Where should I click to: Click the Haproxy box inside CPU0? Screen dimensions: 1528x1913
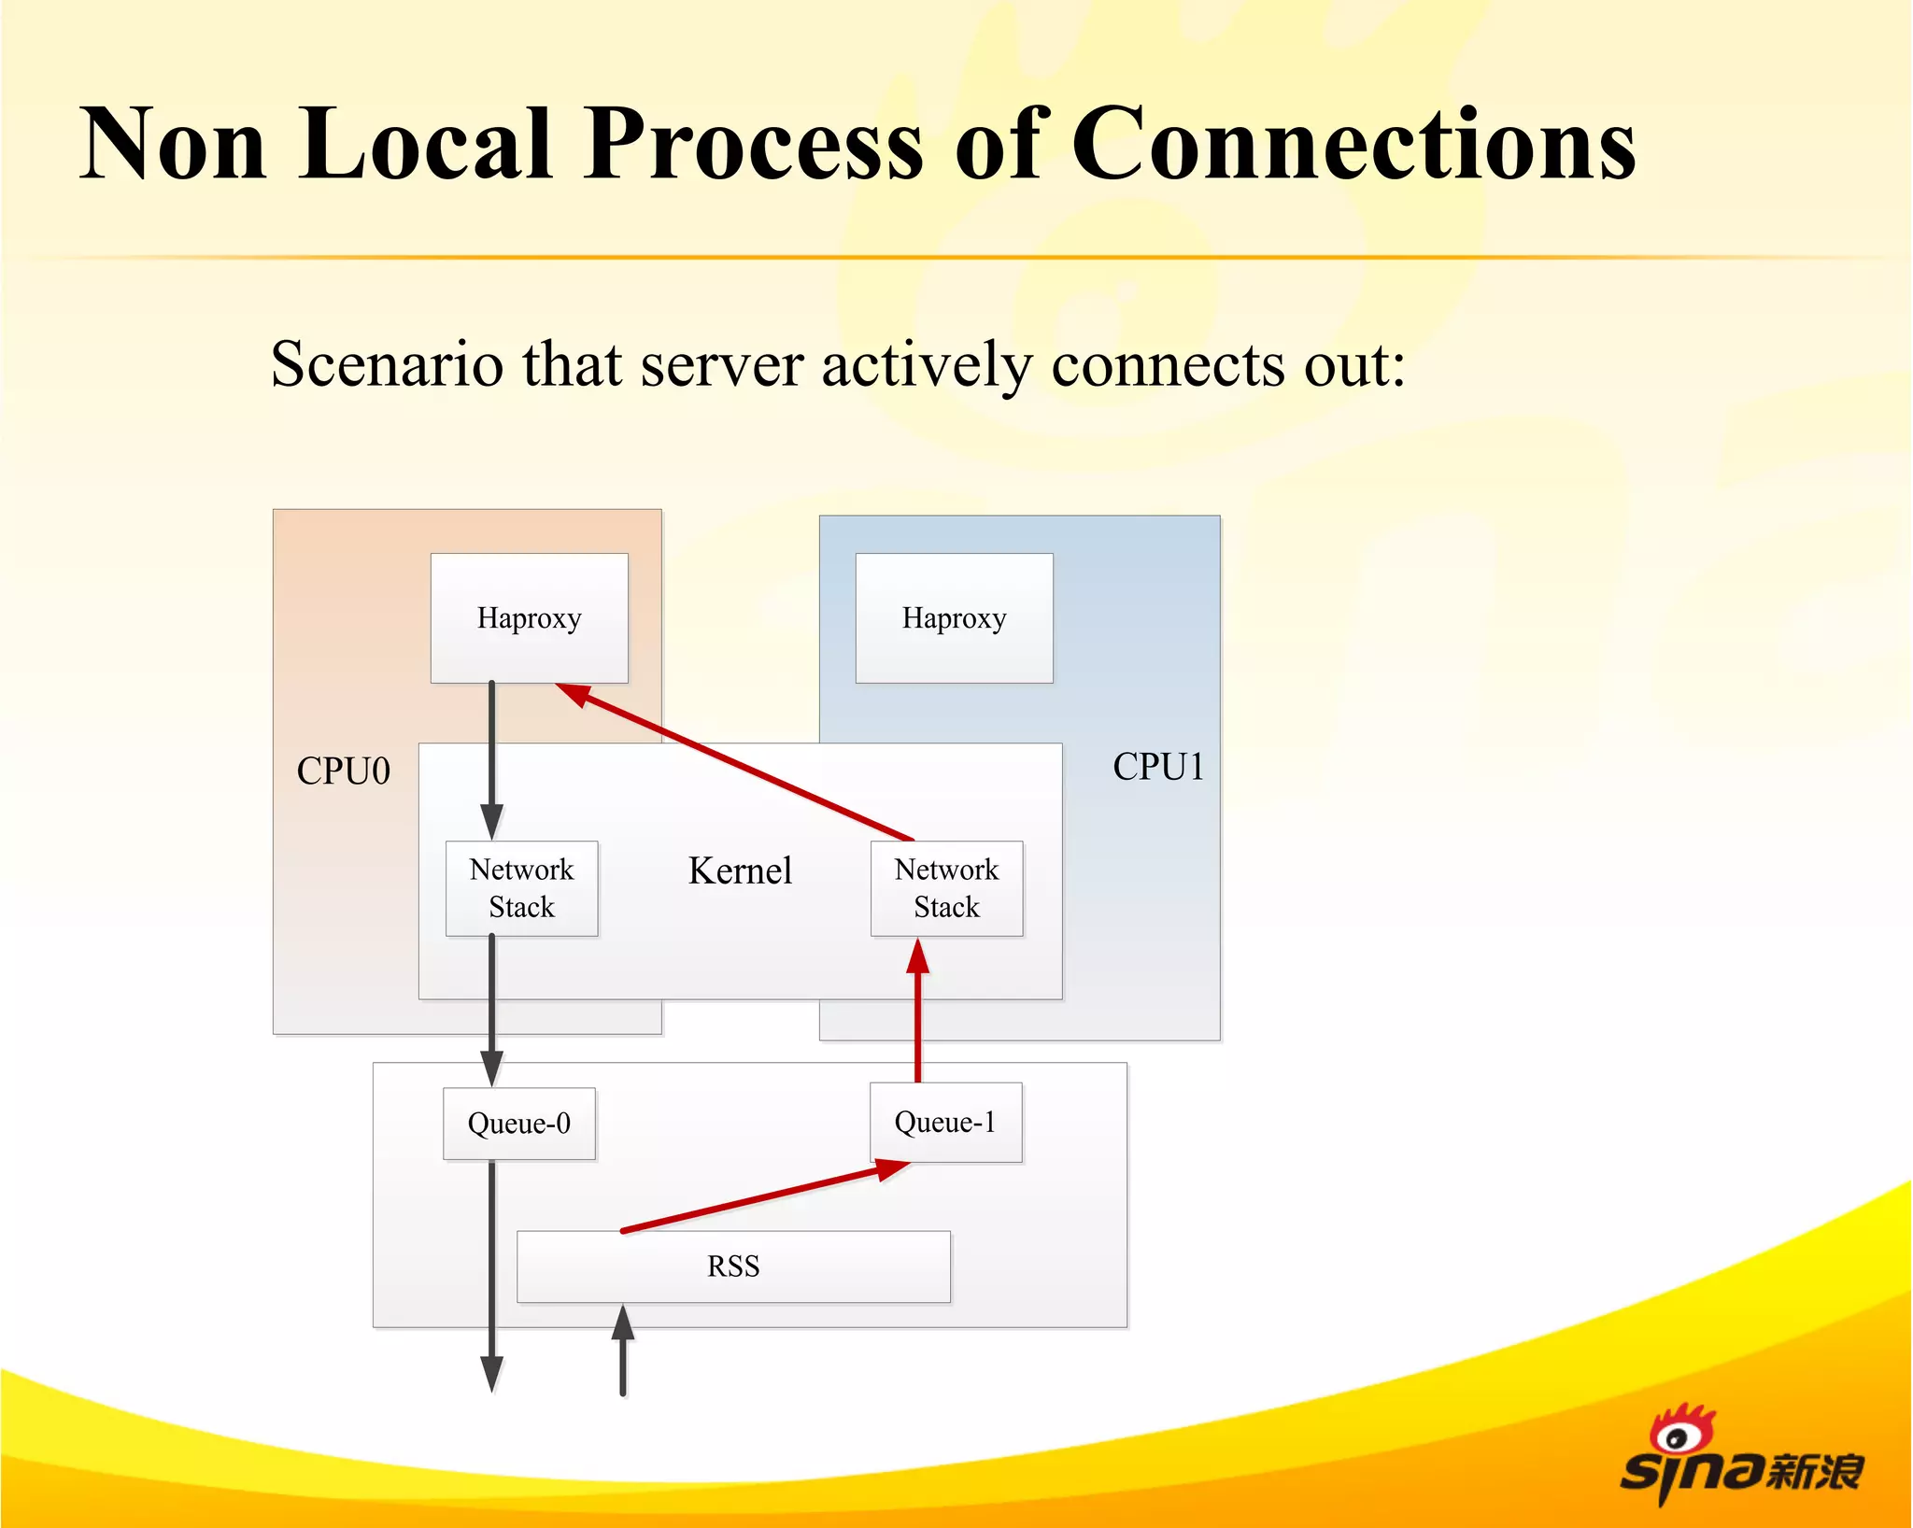pyautogui.click(x=529, y=618)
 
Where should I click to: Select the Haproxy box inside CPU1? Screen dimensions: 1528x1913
pyautogui.click(x=954, y=618)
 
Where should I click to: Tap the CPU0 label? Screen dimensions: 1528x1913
pyautogui.click(x=343, y=771)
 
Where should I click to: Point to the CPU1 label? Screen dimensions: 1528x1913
pyautogui.click(x=1157, y=767)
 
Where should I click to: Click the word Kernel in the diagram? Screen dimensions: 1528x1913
pyautogui.click(x=740, y=870)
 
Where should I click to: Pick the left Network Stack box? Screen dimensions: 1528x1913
pyautogui.click(x=521, y=888)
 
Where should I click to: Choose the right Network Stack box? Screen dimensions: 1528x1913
pyautogui.click(x=946, y=888)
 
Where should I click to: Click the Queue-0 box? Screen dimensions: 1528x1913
pyautogui.click(x=519, y=1124)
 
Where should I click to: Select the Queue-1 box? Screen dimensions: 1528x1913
pyautogui.click(x=945, y=1123)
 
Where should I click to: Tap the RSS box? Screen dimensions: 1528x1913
pyautogui.click(x=733, y=1266)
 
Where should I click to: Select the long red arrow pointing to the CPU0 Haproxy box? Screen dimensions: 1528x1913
pyautogui.click(x=738, y=762)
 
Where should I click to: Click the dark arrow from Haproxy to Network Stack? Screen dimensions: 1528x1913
pyautogui.click(x=492, y=757)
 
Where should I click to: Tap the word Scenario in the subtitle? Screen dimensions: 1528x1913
pyautogui.click(x=386, y=364)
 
